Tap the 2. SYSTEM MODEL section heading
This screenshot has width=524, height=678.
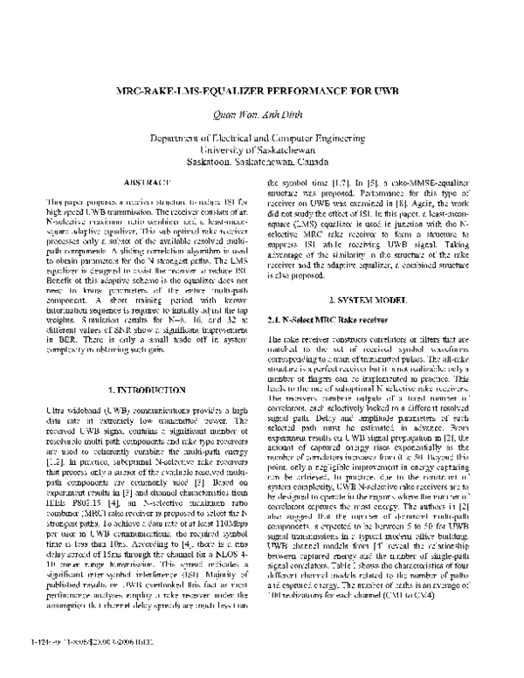pyautogui.click(x=381, y=301)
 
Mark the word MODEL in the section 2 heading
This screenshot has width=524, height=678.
pyautogui.click(x=401, y=301)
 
